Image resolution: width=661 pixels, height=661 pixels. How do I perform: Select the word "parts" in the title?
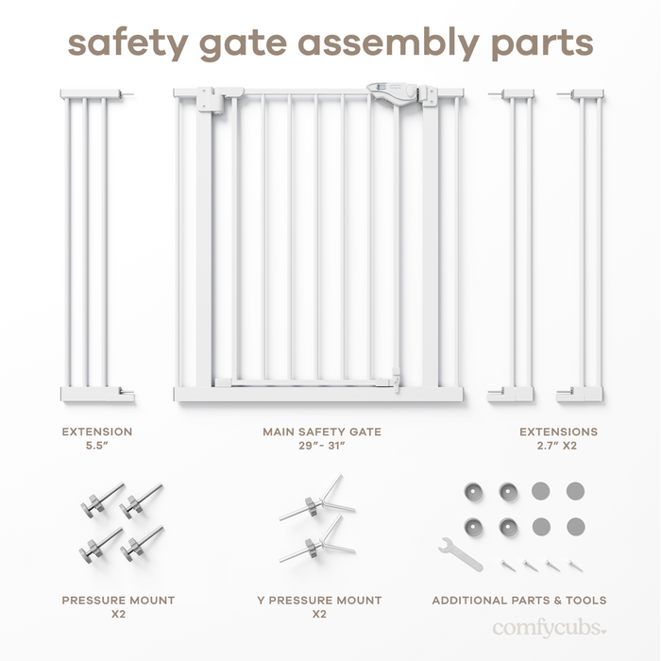(541, 45)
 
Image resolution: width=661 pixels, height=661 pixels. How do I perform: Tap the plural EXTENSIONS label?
(558, 432)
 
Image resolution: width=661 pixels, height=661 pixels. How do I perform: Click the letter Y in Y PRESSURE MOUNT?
(261, 600)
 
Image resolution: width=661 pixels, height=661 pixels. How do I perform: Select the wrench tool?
(460, 553)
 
